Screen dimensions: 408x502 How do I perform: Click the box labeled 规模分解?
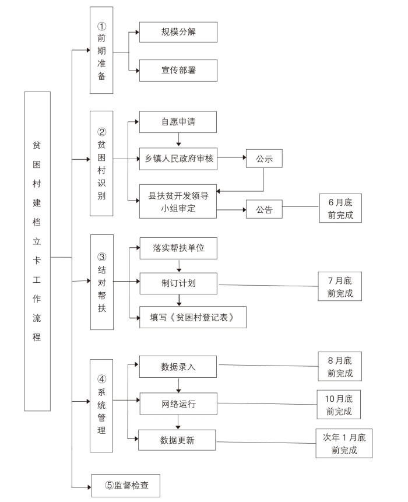click(178, 32)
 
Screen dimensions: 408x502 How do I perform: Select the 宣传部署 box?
click(178, 71)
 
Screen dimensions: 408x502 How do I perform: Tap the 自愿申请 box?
click(178, 122)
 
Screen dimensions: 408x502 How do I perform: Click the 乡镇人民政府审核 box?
click(178, 159)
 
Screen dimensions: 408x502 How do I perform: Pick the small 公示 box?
click(264, 159)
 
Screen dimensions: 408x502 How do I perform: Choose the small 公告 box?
click(264, 209)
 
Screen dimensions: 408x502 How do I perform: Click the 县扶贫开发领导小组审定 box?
click(178, 201)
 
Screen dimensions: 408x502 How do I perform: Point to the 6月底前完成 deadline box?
click(340, 208)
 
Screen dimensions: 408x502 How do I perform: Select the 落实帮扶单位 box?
click(178, 248)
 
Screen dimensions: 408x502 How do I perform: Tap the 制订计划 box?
click(178, 283)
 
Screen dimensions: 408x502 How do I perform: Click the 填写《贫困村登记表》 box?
click(193, 317)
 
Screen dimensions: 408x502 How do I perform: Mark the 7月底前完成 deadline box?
click(340, 286)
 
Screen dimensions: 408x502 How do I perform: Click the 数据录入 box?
click(178, 367)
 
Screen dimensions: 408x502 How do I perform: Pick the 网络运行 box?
click(178, 404)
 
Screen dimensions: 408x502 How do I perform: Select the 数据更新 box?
click(177, 440)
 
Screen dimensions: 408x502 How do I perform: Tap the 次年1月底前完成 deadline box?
click(344, 444)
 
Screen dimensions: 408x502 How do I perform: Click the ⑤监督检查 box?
click(126, 485)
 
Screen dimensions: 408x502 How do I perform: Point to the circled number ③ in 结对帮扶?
click(102, 257)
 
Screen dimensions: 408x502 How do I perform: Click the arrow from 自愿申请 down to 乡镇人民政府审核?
click(178, 139)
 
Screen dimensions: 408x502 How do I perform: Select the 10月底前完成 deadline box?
click(339, 405)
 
